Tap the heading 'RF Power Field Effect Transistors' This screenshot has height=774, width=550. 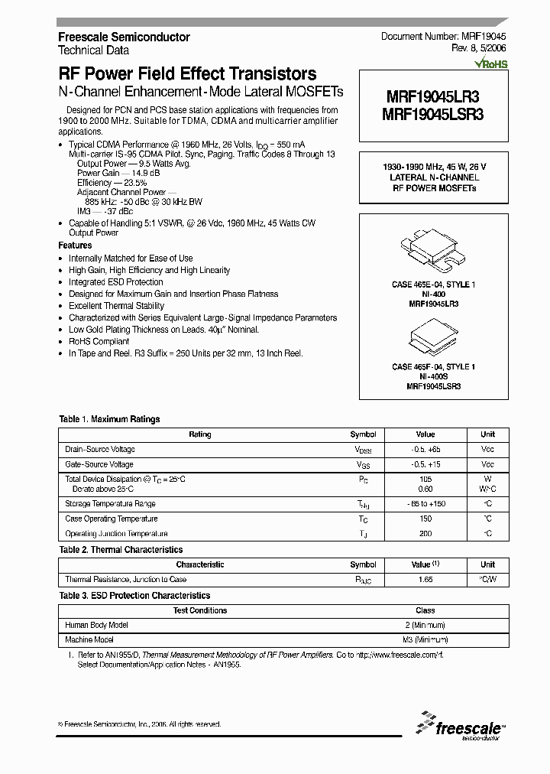coord(187,74)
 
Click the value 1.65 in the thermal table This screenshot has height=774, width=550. coord(425,580)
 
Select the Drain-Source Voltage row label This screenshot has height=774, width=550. coord(100,450)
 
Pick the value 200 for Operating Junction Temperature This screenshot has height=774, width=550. coord(425,534)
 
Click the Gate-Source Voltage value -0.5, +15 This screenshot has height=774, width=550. coord(425,464)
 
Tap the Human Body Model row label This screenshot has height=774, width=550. coord(96,625)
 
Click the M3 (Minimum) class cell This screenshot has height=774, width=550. coord(425,639)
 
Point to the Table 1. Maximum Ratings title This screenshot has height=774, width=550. coord(109,419)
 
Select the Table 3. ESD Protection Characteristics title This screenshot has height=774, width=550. coord(134,595)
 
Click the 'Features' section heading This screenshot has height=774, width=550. coord(75,246)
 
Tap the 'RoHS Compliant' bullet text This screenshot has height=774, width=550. coord(99,341)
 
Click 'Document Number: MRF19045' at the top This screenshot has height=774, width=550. coord(438,37)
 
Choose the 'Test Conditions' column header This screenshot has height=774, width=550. coord(200,610)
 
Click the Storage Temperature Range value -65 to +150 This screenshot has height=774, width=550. coord(425,504)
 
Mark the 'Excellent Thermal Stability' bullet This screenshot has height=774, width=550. coord(116,306)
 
